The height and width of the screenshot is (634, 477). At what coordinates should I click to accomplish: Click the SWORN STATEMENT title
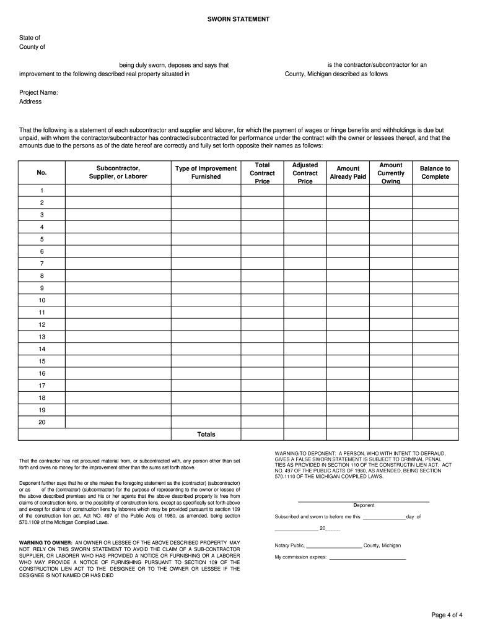pos(239,20)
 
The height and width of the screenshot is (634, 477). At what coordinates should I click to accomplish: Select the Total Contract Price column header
pos(262,173)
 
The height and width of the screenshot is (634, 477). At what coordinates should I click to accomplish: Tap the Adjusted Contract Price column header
pos(305,173)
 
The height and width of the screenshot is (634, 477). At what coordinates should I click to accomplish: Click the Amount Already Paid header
pos(348,173)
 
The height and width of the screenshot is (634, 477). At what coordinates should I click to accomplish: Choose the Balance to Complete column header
pos(435,173)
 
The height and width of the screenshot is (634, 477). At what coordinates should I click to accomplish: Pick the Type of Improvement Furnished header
pos(206,173)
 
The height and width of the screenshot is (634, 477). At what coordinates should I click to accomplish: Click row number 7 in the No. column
pos(42,264)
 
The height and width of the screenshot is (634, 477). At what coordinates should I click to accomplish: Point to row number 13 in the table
pos(42,337)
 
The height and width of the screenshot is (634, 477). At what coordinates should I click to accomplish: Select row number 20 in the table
pos(42,422)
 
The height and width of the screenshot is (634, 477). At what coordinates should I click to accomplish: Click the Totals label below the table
pos(206,434)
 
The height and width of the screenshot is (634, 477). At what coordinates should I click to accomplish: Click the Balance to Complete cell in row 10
pos(435,300)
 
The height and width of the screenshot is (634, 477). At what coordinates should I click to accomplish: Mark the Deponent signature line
pos(363,501)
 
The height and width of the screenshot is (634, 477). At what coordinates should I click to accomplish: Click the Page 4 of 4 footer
pos(447,615)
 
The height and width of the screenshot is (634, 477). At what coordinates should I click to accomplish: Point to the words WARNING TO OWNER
pos(45,542)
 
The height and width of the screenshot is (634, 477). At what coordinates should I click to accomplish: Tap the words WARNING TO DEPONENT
pos(306,454)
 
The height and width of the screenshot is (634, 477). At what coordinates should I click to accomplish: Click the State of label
pos(30,38)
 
